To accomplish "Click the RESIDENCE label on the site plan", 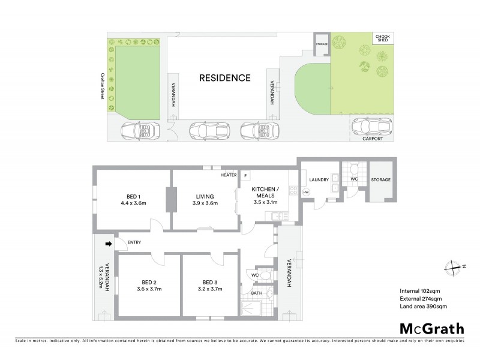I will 225,77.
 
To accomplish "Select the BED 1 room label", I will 133,196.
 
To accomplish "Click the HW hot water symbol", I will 305,192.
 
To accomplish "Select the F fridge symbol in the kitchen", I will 245,175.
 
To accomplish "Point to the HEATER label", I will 228,175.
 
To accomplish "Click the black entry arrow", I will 109,244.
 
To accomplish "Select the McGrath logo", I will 431,328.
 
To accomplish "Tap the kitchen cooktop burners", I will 293,192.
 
